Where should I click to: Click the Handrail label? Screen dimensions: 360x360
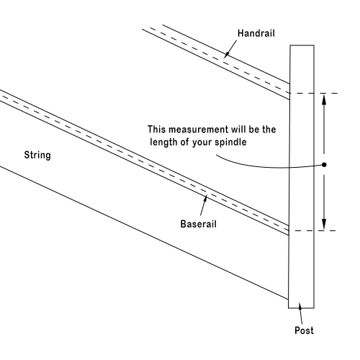256,33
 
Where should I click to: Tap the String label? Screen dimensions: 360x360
37,155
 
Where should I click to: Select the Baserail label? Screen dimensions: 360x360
199,224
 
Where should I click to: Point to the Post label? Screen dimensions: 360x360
304,330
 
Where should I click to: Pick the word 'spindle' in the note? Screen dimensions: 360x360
230,142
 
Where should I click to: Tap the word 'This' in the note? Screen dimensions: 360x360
156,129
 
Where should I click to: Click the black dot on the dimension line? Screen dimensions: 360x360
324,165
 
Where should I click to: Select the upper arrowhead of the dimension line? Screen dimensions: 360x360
324,99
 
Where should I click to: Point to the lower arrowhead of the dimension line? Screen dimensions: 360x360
324,225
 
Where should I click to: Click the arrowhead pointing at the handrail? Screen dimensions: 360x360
225,55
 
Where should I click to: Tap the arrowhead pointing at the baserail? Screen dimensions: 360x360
206,198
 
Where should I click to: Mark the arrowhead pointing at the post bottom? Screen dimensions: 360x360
300,306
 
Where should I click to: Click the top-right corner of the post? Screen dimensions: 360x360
314,45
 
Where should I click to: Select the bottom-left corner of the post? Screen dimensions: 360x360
289,308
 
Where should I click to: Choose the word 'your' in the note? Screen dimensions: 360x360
202,143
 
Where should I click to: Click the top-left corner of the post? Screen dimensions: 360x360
290,45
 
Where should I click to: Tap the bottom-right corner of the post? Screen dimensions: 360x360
314,308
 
